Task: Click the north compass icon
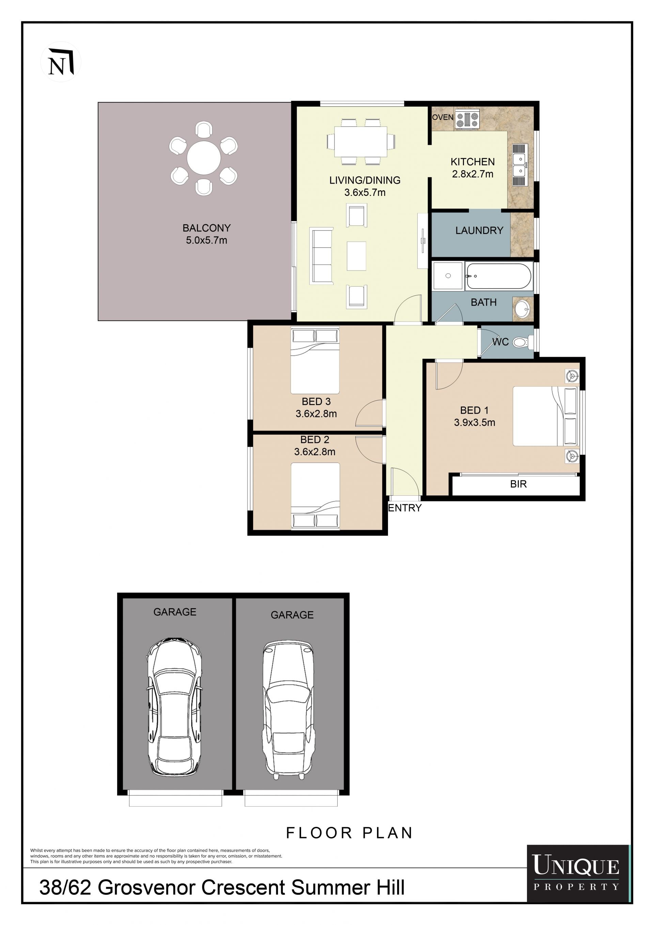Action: coord(61,62)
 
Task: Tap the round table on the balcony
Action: coord(204,158)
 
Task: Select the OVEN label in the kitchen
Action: coord(442,117)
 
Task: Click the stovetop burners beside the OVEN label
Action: coord(467,119)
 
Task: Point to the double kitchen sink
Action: coord(519,165)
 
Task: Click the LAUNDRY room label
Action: coord(479,230)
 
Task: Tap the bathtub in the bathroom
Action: coord(499,276)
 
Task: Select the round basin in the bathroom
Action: coord(522,309)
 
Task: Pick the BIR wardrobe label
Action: coord(518,484)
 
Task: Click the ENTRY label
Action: coord(405,508)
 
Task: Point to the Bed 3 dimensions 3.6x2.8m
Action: coord(316,414)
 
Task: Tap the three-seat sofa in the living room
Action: coord(321,256)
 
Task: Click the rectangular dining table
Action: coord(361,142)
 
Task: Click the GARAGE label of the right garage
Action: coord(292,615)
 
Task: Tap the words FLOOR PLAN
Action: coord(349,833)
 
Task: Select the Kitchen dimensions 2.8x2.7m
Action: coord(472,174)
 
